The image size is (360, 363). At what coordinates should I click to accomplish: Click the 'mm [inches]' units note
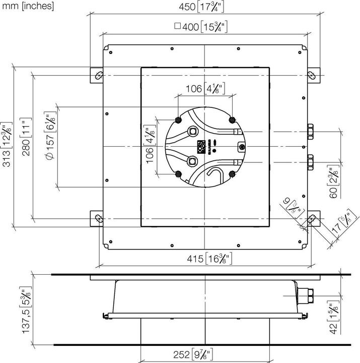27,7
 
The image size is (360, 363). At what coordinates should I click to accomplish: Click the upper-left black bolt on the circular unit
179,119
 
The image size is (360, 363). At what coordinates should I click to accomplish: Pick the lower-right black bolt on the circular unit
232,173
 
